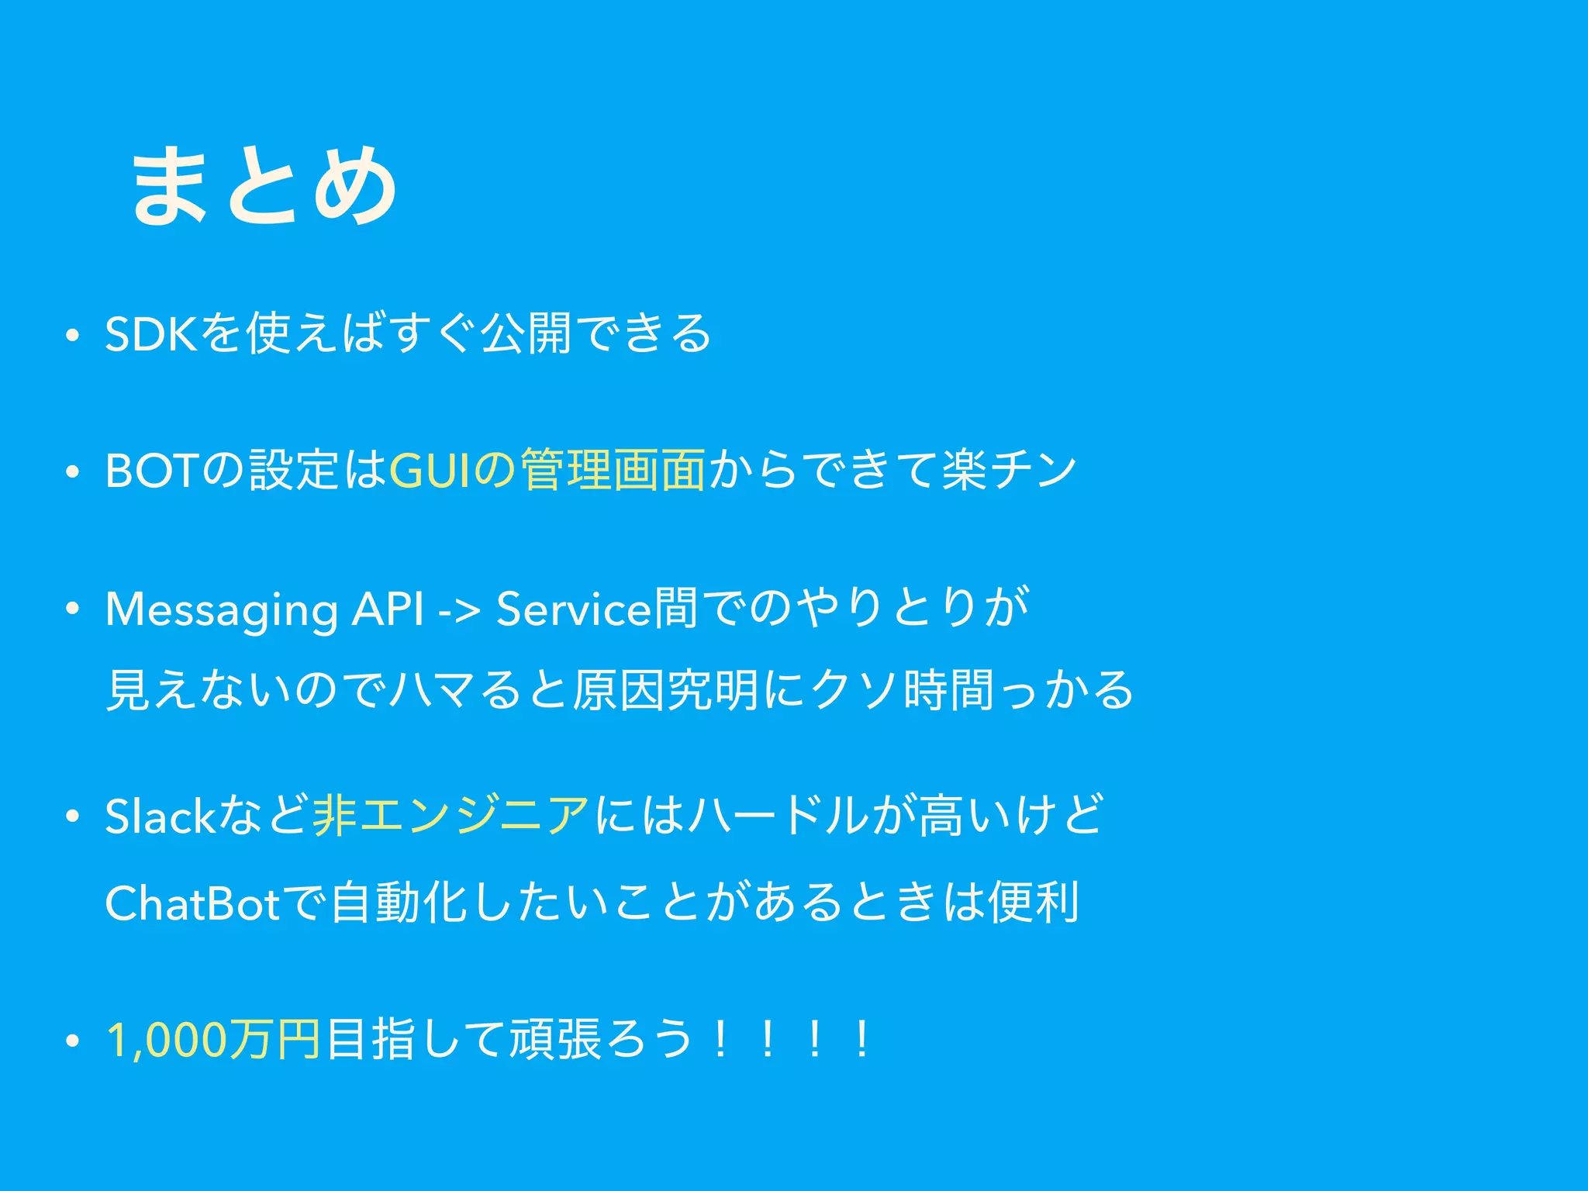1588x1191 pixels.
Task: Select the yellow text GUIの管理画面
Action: [x=547, y=470]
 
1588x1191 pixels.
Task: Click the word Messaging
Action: [x=221, y=609]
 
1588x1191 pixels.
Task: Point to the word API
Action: [x=387, y=609]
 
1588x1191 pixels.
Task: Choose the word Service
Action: [x=574, y=609]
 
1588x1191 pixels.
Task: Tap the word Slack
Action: [x=160, y=816]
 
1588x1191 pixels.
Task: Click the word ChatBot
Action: [x=192, y=903]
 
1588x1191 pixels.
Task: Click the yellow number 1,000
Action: [x=167, y=1040]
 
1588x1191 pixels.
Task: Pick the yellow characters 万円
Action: [x=275, y=1040]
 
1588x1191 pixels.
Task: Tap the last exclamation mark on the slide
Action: [x=861, y=1040]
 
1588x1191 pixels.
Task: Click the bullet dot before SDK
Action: [x=72, y=336]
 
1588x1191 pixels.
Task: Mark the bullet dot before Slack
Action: [x=72, y=817]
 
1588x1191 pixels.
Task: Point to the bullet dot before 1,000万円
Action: [x=72, y=1041]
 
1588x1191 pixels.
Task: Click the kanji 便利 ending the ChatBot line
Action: [x=1034, y=903]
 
